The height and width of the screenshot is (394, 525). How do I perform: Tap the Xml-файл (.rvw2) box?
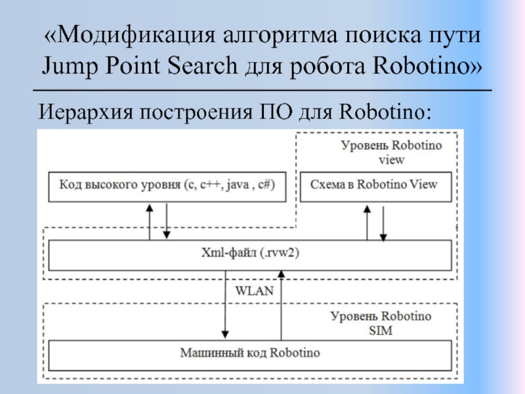(x=250, y=255)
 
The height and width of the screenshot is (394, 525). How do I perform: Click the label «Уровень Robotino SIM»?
(x=381, y=324)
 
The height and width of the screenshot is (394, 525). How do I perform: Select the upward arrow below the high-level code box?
(x=150, y=221)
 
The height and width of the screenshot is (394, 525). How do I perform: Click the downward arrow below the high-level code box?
(x=167, y=221)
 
